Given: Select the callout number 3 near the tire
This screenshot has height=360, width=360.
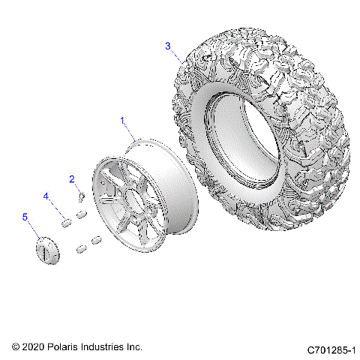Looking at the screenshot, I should [168, 46].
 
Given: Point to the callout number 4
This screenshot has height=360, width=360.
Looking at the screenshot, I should [45, 196].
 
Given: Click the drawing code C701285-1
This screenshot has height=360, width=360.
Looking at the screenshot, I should [332, 349].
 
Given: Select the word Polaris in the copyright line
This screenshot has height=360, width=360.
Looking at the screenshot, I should [67, 347].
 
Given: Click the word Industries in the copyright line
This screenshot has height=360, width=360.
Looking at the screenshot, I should [106, 347].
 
